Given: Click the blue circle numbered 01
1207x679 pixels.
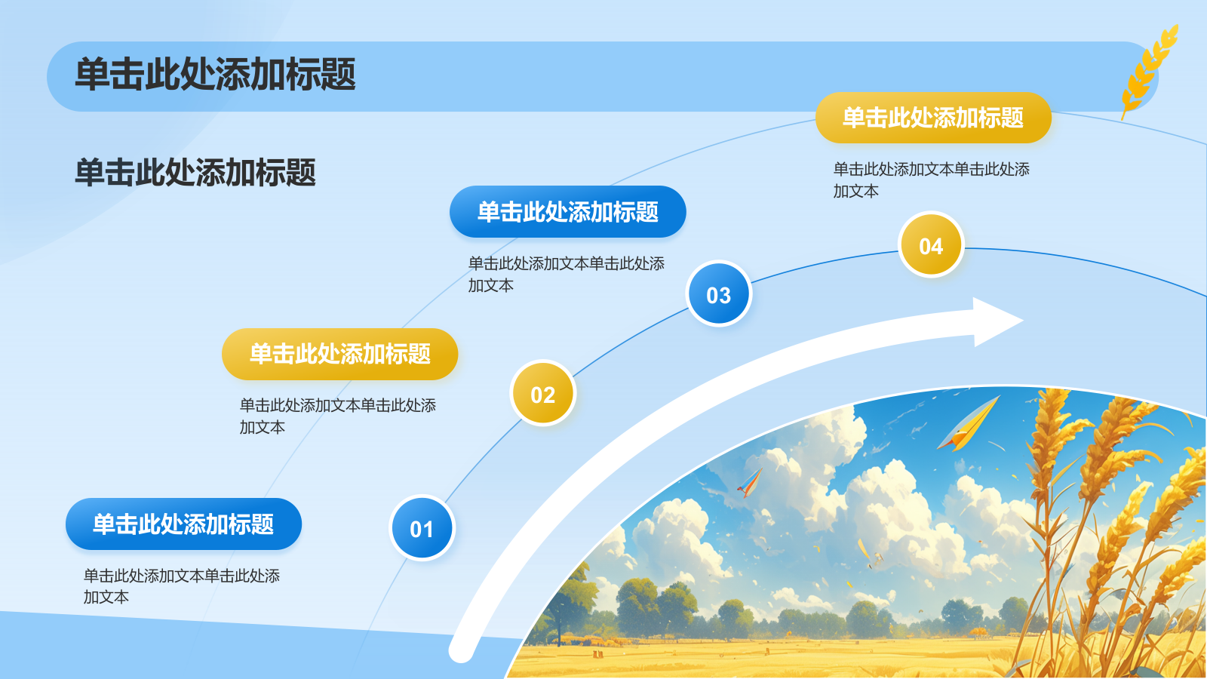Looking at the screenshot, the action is tap(422, 528).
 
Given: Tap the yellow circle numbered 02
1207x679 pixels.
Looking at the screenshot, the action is tap(542, 393).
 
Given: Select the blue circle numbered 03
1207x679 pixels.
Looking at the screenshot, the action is tap(719, 293).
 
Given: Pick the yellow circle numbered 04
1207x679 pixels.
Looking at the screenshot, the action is tap(931, 244).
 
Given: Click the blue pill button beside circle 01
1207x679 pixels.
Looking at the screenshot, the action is tap(184, 524).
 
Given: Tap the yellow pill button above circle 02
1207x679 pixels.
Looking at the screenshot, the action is tap(340, 354).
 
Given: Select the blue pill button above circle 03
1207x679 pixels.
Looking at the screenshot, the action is tap(568, 212).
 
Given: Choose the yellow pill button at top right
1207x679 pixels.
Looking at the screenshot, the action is tap(933, 118).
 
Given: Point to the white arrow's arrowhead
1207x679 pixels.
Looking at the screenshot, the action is tap(997, 321).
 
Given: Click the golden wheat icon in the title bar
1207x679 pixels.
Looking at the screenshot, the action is tap(1149, 70).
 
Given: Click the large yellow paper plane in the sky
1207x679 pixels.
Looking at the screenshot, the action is tap(969, 423).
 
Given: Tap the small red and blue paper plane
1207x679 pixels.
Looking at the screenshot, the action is tap(751, 482).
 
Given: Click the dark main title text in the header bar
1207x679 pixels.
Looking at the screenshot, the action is tap(215, 75).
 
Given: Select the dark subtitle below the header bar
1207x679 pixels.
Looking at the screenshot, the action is tap(195, 173).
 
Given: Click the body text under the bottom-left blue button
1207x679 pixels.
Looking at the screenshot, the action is tap(182, 586).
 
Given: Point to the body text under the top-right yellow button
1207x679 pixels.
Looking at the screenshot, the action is tap(931, 180).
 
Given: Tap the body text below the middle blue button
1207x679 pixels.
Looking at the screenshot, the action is tap(566, 275).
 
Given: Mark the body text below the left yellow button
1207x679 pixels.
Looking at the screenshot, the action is tap(337, 416).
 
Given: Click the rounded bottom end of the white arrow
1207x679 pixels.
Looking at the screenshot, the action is tap(461, 649).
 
